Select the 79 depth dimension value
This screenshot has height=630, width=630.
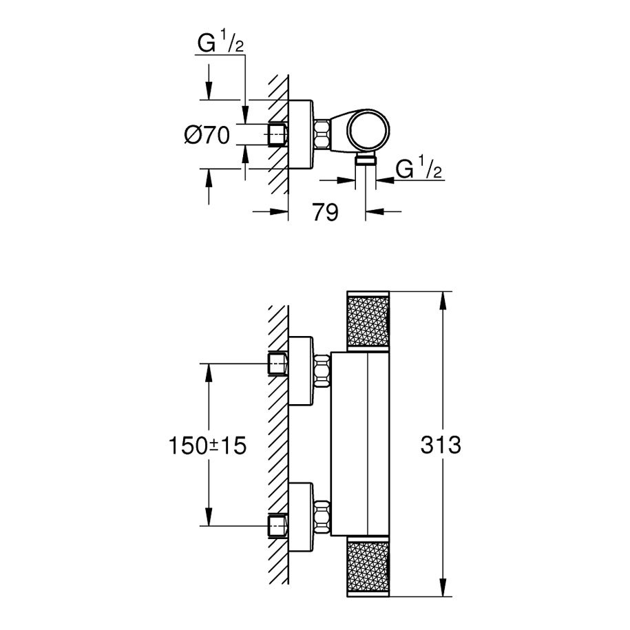(326, 212)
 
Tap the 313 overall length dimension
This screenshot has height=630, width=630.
(441, 445)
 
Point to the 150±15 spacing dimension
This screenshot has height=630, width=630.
(207, 445)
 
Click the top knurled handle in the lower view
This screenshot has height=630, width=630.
(368, 321)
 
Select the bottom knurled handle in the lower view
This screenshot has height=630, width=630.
(368, 567)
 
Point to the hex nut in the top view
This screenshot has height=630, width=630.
(322, 134)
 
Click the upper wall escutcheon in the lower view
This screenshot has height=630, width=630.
(301, 370)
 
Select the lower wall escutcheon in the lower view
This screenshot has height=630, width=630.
(301, 517)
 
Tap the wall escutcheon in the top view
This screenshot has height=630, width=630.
(301, 134)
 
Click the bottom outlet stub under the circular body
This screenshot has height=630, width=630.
(366, 160)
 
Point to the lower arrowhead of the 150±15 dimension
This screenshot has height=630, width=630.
(209, 516)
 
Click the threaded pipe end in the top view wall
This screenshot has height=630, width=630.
(277, 134)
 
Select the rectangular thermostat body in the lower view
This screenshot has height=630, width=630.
(360, 444)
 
